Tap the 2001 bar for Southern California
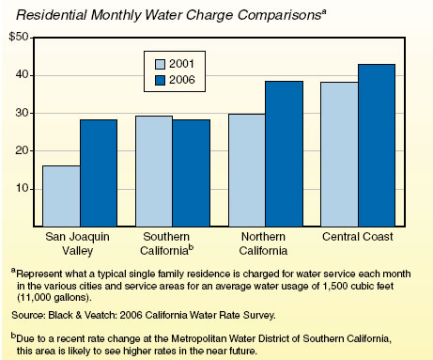153,170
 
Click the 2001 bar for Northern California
247,169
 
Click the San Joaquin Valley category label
80,241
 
